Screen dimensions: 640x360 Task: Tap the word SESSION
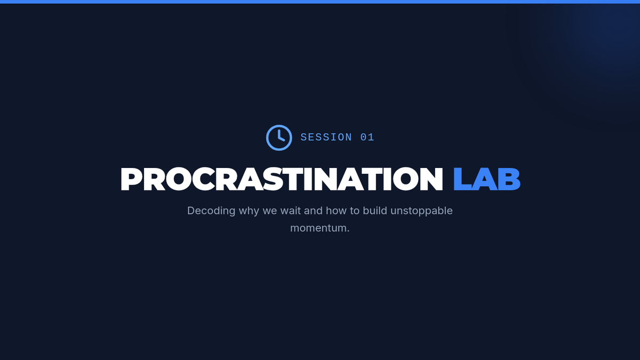coord(326,138)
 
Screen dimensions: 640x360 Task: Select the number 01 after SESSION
coord(367,138)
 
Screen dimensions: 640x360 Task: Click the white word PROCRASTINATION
coord(282,179)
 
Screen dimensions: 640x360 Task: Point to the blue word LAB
coord(487,179)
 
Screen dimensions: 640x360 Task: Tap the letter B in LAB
coord(509,179)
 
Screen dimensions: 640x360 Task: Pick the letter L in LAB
coord(462,179)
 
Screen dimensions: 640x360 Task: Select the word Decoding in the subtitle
coord(211,211)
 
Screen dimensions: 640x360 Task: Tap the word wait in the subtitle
coord(290,211)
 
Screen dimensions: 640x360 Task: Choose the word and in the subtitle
coord(313,211)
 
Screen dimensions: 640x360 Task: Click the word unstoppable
coord(421,211)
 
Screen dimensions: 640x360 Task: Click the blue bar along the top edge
coord(320,2)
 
